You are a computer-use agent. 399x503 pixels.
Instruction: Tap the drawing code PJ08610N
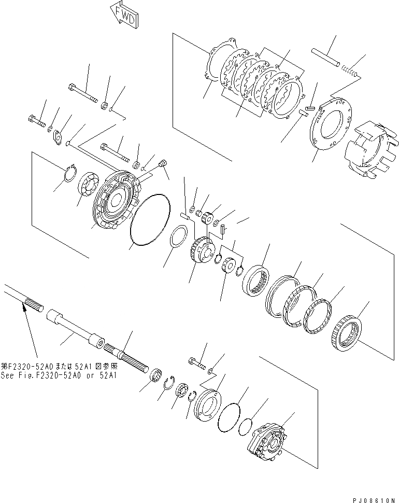coord(374,500)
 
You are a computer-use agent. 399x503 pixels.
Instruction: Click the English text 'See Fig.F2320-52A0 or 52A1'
coord(59,375)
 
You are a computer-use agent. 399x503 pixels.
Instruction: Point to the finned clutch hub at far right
coord(372,148)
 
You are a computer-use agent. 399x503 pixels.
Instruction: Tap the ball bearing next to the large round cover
coord(87,184)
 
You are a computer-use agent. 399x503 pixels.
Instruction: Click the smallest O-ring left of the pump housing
coord(246,426)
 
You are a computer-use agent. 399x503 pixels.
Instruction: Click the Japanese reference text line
coord(59,366)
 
